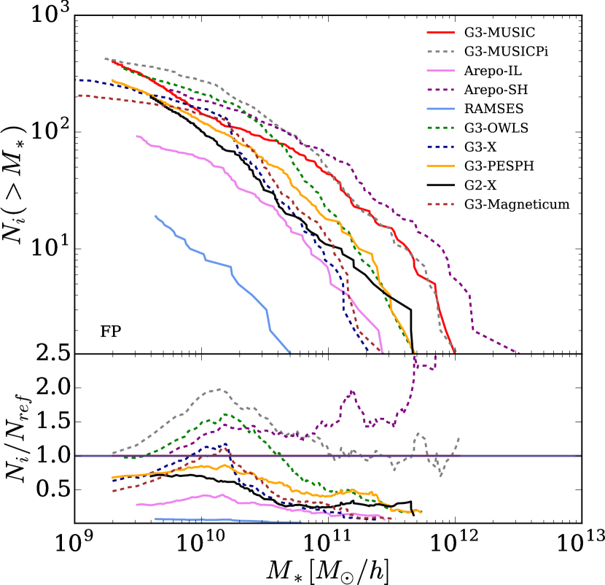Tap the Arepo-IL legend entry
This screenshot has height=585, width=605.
[x=491, y=71]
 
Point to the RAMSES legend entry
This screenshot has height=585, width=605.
[x=488, y=109]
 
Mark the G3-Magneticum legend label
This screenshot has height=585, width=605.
[x=507, y=204]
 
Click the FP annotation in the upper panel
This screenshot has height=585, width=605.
[x=110, y=332]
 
